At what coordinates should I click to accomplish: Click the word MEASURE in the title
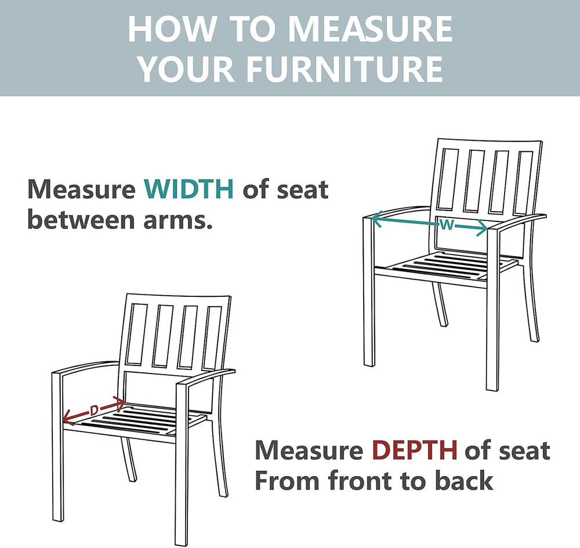click(x=370, y=29)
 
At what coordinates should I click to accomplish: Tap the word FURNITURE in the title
click(x=344, y=69)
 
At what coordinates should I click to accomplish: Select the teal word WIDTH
click(x=188, y=189)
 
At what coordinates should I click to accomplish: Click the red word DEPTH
click(x=415, y=450)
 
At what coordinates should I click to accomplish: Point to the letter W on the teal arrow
click(x=447, y=224)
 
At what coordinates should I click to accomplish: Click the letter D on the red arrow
click(x=95, y=410)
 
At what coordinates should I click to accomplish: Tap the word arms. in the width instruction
click(x=178, y=220)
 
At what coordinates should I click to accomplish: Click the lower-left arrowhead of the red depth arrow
click(x=67, y=418)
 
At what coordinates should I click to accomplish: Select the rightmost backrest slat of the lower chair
click(x=213, y=337)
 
